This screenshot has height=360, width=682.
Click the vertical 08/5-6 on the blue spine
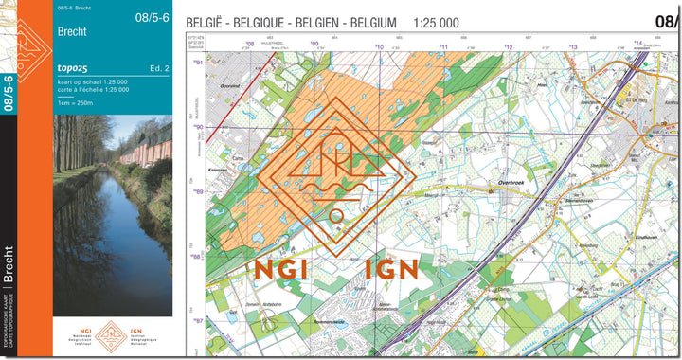pyautogui.click(x=9, y=95)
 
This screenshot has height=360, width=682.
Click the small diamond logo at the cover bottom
pyautogui.click(x=112, y=333)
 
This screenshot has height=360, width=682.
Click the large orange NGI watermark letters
pyautogui.click(x=282, y=268)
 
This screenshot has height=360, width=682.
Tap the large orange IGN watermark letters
pyautogui.click(x=390, y=268)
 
